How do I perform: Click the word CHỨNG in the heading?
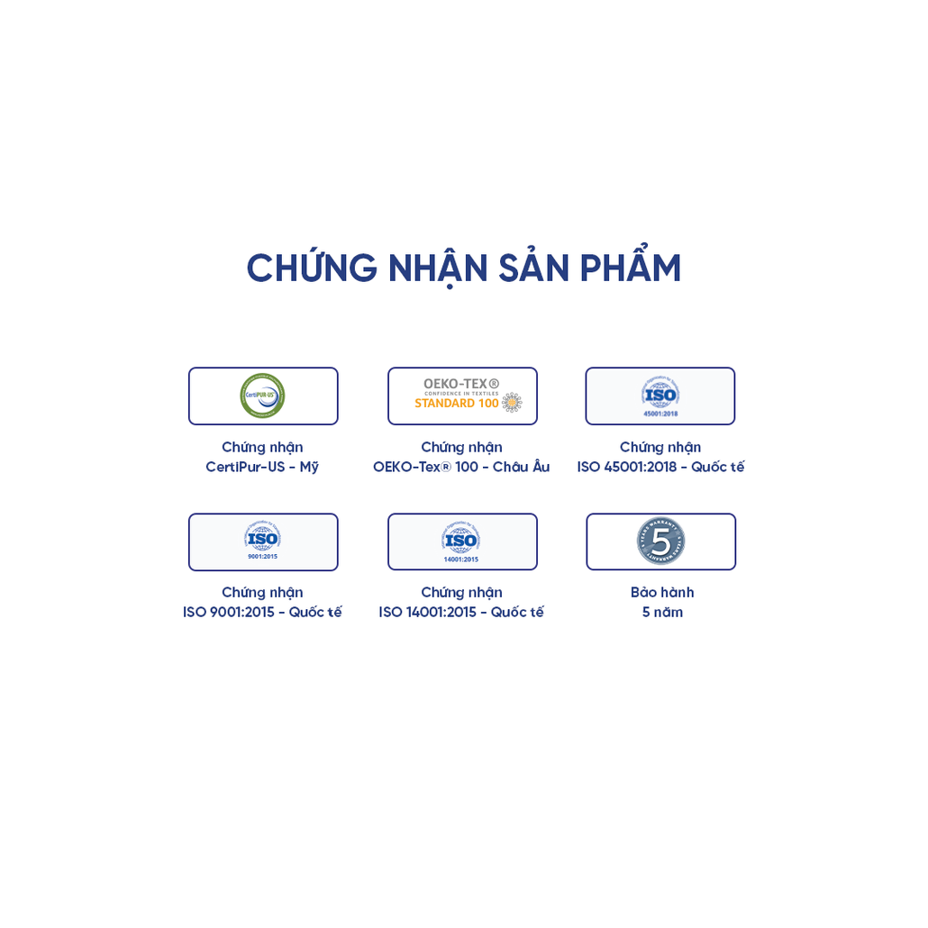312,268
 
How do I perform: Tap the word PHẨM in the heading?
630,268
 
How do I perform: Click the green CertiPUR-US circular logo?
262,396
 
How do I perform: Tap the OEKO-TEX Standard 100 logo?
463,395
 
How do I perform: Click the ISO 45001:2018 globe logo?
660,393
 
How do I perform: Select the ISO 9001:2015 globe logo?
262,538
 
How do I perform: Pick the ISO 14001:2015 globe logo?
460,539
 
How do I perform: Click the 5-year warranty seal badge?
661,541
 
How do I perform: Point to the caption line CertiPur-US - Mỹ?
262,467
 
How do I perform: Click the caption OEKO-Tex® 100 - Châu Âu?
461,467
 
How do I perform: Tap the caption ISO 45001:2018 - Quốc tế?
660,467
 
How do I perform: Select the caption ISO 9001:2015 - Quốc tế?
262,613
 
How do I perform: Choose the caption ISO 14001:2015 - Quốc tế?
461,613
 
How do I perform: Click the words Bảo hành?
662,593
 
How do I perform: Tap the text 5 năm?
662,613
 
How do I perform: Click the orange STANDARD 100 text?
457,404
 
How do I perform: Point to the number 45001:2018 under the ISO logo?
660,414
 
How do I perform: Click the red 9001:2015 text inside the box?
262,557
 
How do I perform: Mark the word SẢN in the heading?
534,268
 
